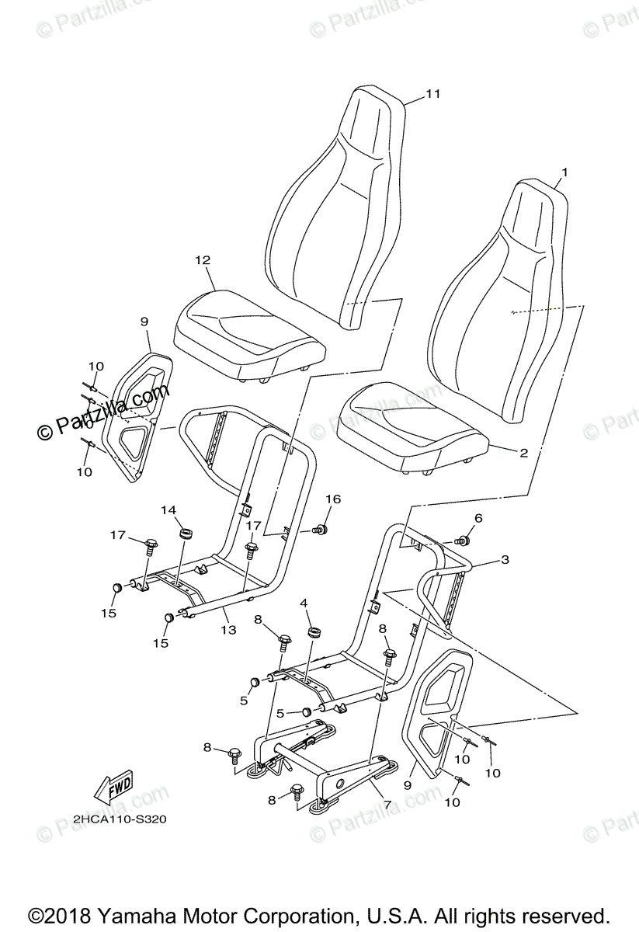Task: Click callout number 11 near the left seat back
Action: point(433,94)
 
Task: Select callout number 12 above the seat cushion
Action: point(203,260)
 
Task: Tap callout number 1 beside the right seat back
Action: point(564,172)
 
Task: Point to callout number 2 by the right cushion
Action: point(524,453)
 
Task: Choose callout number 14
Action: point(169,509)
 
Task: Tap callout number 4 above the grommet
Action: point(304,602)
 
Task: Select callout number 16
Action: point(332,499)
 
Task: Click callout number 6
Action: point(478,518)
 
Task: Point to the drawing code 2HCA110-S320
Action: point(120,819)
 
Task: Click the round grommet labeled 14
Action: point(186,534)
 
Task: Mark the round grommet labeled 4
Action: point(314,632)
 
